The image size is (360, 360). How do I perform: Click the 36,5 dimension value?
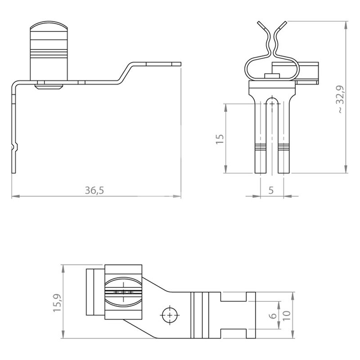point(94,190)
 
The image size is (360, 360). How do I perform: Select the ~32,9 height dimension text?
point(341,99)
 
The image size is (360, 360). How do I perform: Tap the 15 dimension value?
point(220,139)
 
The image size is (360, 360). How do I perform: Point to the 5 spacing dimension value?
point(271,190)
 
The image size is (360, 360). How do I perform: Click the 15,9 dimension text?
point(57,302)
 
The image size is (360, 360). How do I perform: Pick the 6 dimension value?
point(273,316)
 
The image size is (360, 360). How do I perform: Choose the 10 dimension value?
point(286,316)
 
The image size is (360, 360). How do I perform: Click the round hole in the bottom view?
point(170,315)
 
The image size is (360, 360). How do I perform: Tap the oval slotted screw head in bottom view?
point(123,292)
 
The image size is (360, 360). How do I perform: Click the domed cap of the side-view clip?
point(49,26)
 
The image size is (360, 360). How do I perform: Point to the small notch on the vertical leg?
point(15,147)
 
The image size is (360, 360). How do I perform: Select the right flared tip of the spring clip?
point(282,25)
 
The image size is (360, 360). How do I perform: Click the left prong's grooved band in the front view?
point(261,147)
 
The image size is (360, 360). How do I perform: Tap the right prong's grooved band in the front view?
point(284,147)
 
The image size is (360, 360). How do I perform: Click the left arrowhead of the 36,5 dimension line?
point(15,196)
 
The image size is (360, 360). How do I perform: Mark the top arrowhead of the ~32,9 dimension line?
point(346,25)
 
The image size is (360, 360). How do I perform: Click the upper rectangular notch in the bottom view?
point(234,297)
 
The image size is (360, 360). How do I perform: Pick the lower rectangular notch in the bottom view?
point(234,333)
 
